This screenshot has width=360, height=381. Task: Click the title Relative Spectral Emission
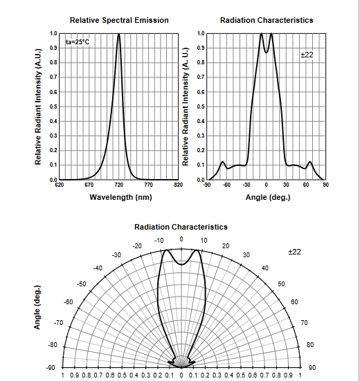(x=119, y=20)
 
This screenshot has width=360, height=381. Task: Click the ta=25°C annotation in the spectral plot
(x=78, y=42)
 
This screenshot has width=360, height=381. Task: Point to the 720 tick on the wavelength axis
(x=118, y=185)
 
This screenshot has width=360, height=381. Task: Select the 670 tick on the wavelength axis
(x=89, y=185)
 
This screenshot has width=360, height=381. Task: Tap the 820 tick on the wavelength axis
(x=179, y=185)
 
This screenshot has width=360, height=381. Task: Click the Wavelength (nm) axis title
(x=120, y=197)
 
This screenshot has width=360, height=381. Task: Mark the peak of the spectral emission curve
(x=118, y=34)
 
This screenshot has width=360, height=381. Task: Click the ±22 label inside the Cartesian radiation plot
(x=307, y=55)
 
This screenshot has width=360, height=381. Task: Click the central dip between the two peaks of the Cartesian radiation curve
(x=267, y=53)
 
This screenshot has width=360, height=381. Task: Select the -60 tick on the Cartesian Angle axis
(x=226, y=185)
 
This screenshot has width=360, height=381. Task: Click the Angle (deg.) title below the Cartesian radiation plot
(x=268, y=197)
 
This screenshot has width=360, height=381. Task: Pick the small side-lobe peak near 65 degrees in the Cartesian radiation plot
(x=310, y=162)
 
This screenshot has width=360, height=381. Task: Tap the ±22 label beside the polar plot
(x=294, y=252)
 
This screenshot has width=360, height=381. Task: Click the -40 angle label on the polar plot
(x=98, y=268)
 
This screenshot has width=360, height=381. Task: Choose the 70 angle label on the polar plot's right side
(x=305, y=323)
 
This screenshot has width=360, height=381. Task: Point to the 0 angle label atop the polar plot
(x=181, y=239)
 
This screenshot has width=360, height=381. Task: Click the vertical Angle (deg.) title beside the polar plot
(x=37, y=308)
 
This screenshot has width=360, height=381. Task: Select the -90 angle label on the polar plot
(x=51, y=368)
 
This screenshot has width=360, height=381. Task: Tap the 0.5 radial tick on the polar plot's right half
(x=240, y=375)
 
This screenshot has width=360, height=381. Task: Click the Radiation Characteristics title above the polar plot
(x=181, y=227)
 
